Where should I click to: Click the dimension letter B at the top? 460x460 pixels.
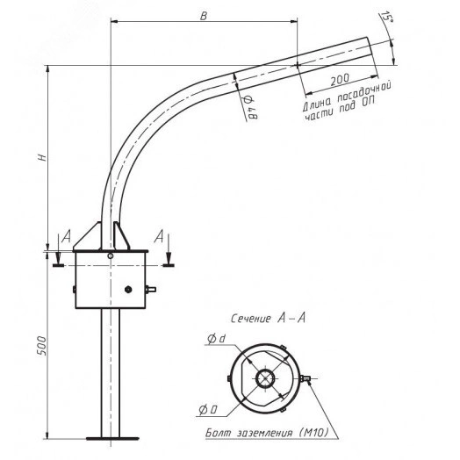[x=204, y=16]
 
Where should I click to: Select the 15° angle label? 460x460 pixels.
[x=385, y=18]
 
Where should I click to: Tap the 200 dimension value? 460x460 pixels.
[x=340, y=79]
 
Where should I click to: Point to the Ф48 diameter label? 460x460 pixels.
[x=249, y=107]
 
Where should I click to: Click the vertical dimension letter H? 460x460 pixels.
[x=43, y=157]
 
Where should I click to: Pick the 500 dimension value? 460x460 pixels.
[x=42, y=346]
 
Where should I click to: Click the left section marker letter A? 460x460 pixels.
[x=67, y=236]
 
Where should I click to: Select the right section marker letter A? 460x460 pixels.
[x=159, y=236]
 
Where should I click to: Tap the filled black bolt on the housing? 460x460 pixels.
[x=128, y=290]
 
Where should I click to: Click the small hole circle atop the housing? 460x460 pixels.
[x=111, y=255]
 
